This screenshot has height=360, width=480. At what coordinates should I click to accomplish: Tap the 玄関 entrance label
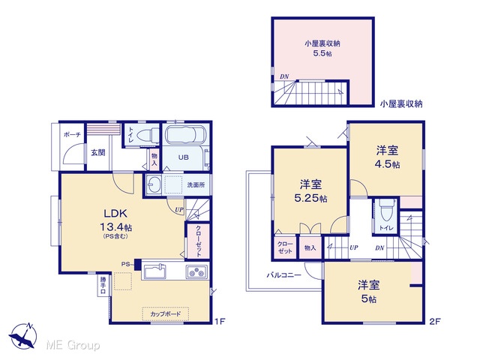point(98,152)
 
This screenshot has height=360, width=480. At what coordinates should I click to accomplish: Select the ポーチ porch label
point(72,134)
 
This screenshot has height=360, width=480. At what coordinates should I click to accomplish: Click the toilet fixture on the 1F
point(147,135)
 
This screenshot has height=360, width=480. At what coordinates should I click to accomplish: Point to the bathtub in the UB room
point(186,134)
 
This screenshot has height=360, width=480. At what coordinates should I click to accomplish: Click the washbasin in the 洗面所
point(154,185)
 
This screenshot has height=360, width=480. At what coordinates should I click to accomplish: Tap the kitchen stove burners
point(197,271)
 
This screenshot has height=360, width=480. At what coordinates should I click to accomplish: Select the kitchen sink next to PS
point(155,271)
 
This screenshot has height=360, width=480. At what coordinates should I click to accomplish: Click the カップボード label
point(165,313)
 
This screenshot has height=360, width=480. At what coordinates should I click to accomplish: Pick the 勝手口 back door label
point(103,285)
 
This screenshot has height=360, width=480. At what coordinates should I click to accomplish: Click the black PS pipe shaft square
point(137,265)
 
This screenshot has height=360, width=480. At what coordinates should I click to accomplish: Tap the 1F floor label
point(220,321)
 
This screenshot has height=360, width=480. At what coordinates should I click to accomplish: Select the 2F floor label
point(434,321)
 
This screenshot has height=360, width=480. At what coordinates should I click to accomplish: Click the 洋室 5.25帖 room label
point(310,192)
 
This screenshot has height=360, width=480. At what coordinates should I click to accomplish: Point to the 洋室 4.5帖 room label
point(387,157)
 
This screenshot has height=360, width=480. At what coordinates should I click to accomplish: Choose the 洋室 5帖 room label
point(368,292)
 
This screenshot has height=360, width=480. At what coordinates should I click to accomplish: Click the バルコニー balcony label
point(283,275)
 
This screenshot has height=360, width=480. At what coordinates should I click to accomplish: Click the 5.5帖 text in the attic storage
point(322,53)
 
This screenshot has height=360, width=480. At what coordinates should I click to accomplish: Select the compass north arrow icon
point(23,335)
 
